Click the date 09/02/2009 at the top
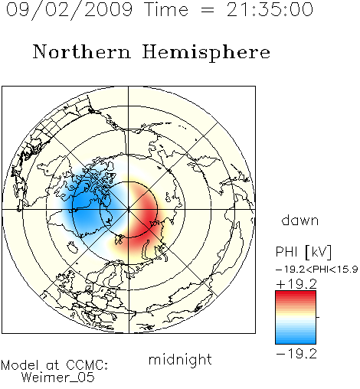[x=69, y=10]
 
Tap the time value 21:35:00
[x=270, y=9]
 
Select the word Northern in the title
[x=82, y=51]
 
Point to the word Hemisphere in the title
[x=206, y=53]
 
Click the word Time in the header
[x=166, y=9]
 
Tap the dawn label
[x=300, y=220]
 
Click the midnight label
[x=180, y=360]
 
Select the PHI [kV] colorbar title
[x=303, y=252]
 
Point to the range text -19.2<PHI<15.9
[x=316, y=270]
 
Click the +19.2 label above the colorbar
[x=296, y=284]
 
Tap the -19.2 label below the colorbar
[x=296, y=354]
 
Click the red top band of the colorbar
[x=296, y=294]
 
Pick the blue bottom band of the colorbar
[x=296, y=340]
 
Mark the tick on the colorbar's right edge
[x=318, y=317]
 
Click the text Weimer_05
[x=58, y=378]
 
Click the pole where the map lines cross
[x=129, y=209]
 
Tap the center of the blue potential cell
[x=86, y=205]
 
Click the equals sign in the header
[x=208, y=10]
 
